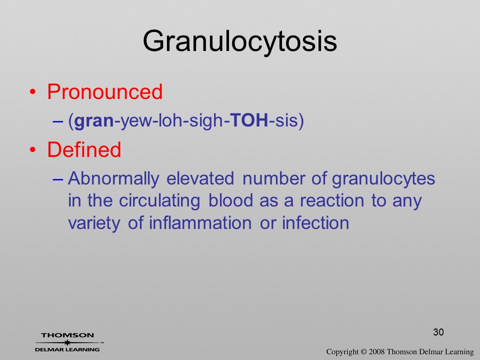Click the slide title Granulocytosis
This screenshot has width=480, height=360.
239,42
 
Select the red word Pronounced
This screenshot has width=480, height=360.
104,91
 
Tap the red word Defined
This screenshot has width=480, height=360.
84,149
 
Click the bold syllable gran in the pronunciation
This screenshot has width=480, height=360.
94,120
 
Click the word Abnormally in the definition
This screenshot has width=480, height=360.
113,179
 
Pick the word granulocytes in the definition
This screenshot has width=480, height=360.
383,179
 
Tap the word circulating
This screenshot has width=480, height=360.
159,201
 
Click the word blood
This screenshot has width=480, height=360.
231,200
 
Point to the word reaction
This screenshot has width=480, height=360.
332,201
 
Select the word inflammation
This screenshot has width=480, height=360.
200,222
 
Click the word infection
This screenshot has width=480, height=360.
315,222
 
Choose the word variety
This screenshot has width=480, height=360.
94,223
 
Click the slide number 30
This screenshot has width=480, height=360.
438,332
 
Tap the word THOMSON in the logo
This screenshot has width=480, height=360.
67,335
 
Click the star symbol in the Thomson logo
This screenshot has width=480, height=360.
67,342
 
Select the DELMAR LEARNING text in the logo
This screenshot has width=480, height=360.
67,349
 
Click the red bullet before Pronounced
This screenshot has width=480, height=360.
33,92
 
